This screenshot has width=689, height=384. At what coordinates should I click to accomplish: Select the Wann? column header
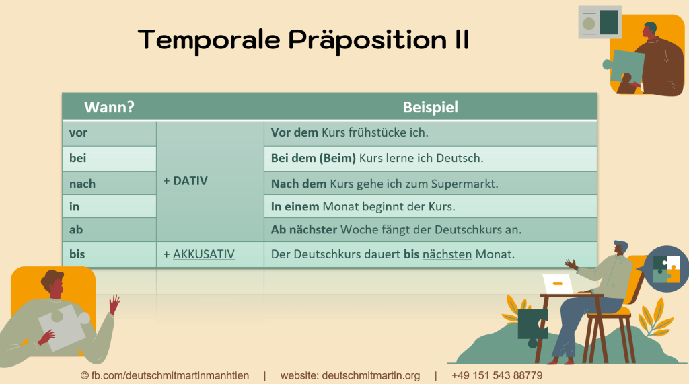click(109, 107)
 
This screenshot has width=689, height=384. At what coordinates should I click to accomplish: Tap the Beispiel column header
click(431, 107)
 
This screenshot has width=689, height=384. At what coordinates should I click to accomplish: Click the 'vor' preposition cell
click(79, 132)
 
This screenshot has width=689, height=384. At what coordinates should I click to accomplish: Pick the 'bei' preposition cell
click(78, 158)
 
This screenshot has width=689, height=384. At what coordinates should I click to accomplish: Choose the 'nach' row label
click(82, 184)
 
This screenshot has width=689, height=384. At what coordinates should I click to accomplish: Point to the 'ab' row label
click(76, 229)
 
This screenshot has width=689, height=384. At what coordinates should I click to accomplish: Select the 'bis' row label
click(77, 254)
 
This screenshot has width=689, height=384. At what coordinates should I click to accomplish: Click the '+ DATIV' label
click(186, 181)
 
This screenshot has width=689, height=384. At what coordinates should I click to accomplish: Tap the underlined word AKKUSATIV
click(204, 254)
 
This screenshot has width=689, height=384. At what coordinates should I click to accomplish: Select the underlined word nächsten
click(447, 254)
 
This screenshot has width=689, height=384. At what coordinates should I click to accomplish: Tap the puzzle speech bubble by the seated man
click(666, 268)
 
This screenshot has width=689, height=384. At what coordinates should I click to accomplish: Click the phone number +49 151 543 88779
click(497, 375)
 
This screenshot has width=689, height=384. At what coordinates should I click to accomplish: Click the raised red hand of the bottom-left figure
click(115, 304)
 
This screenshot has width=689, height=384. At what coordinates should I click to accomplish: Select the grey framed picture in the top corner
click(600, 22)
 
